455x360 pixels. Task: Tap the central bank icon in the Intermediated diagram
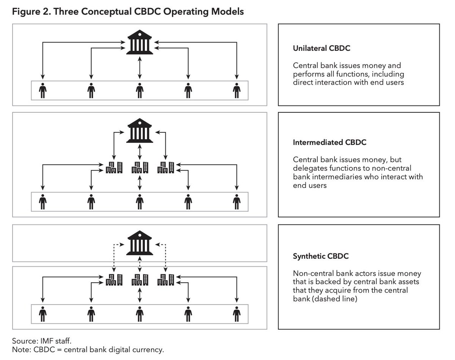pos(140,130)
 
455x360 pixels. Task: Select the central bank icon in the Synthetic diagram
pos(140,243)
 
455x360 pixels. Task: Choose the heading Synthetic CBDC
pos(320,256)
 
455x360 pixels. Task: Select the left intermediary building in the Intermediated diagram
pos(114,167)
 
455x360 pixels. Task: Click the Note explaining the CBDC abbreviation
pos(88,349)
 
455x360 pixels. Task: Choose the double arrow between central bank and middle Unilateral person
pos(140,68)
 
